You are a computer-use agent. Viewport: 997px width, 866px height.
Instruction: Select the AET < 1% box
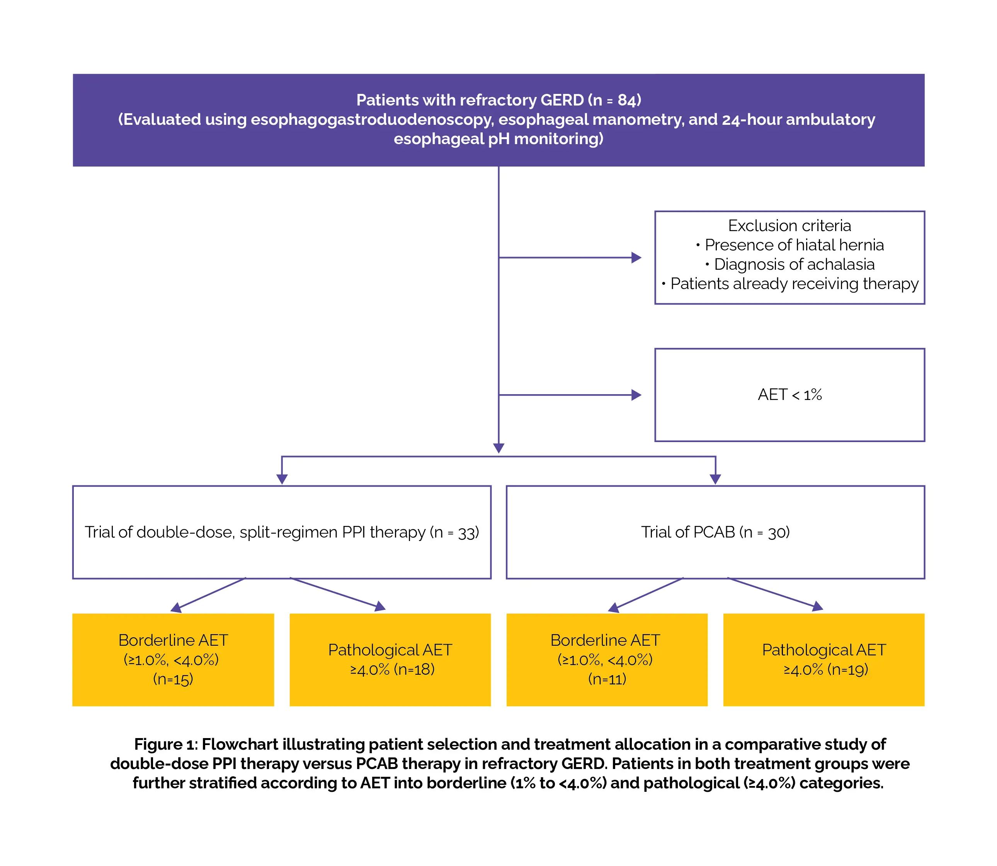(x=789, y=395)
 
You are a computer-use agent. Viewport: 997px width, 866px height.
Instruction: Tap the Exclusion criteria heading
(x=789, y=226)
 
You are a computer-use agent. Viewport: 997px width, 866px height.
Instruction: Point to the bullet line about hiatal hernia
(x=789, y=245)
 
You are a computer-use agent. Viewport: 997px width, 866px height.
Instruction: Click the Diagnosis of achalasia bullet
(x=789, y=264)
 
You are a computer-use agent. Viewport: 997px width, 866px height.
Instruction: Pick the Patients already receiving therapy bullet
(x=789, y=284)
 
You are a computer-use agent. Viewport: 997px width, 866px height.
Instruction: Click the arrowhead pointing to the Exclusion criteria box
(x=636, y=258)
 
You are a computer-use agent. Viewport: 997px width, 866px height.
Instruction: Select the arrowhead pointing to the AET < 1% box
(x=636, y=395)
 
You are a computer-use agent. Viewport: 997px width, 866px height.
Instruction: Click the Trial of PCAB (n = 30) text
(x=715, y=532)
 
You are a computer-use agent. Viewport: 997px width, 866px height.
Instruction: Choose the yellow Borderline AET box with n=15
(x=173, y=660)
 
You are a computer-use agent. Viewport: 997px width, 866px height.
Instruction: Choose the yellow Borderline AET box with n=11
(x=607, y=660)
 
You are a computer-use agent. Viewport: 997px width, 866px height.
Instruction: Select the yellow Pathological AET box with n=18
(x=390, y=660)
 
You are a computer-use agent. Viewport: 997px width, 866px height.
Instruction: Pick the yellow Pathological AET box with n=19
(x=824, y=660)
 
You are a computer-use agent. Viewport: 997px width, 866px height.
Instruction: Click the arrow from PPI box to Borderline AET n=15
(x=208, y=595)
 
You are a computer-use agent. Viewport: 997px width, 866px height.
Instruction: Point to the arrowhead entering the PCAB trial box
(x=715, y=479)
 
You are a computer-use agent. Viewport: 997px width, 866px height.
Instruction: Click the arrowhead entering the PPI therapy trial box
(x=282, y=479)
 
